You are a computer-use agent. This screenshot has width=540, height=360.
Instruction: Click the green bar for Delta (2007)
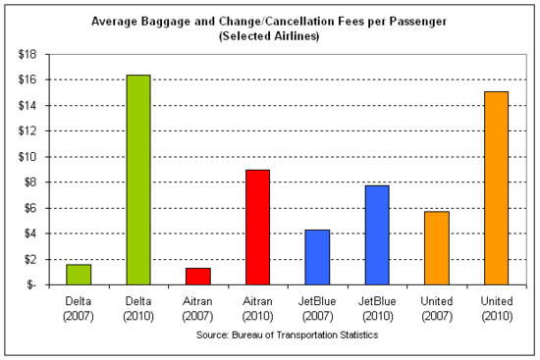79,275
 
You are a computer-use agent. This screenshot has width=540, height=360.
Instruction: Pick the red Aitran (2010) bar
256,227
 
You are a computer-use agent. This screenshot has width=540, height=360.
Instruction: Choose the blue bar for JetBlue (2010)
376,234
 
